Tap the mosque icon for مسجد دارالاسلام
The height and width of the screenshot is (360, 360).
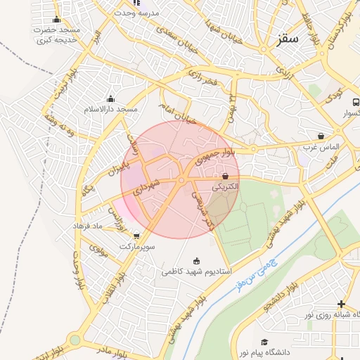coord(110,99)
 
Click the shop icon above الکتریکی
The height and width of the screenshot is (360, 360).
coord(225,176)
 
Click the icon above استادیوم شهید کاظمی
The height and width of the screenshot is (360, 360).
coord(195,259)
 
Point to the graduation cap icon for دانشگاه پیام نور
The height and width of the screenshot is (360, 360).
coord(264,341)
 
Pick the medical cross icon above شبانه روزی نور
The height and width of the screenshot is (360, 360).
coord(341,304)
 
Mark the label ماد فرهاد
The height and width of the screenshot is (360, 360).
coord(88,226)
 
